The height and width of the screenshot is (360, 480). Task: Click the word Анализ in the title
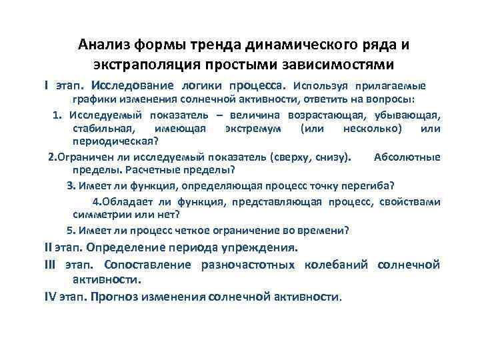tap(105, 45)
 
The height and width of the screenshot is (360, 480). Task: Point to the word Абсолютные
tap(407, 157)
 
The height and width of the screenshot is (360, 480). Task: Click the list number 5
tap(69, 231)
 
